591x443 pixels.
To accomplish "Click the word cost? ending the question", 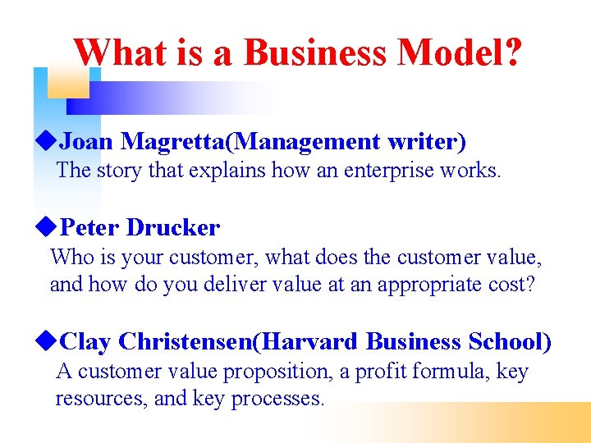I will coord(513,284).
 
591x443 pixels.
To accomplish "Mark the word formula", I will coord(452,372).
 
